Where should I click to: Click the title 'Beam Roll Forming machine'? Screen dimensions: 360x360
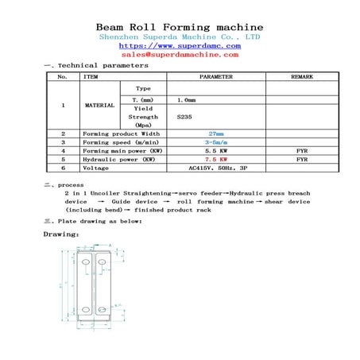180,26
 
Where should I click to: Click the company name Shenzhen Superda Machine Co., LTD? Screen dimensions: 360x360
180,37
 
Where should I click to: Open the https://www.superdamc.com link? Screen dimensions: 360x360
180,46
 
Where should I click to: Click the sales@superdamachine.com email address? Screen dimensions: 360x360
180,55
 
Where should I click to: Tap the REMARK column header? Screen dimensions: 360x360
301,77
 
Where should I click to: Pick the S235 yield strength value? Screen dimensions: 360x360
185,117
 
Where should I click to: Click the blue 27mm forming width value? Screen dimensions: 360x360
215,134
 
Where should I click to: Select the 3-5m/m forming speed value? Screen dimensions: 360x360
215,142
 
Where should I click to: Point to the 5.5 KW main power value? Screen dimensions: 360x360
215,151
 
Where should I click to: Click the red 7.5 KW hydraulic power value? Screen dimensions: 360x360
215,160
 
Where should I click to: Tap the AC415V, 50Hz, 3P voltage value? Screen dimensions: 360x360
215,168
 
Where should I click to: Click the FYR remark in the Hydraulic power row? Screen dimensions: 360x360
301,160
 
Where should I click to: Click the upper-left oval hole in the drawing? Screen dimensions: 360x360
87,261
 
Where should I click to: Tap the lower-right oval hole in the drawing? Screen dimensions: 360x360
104,309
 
